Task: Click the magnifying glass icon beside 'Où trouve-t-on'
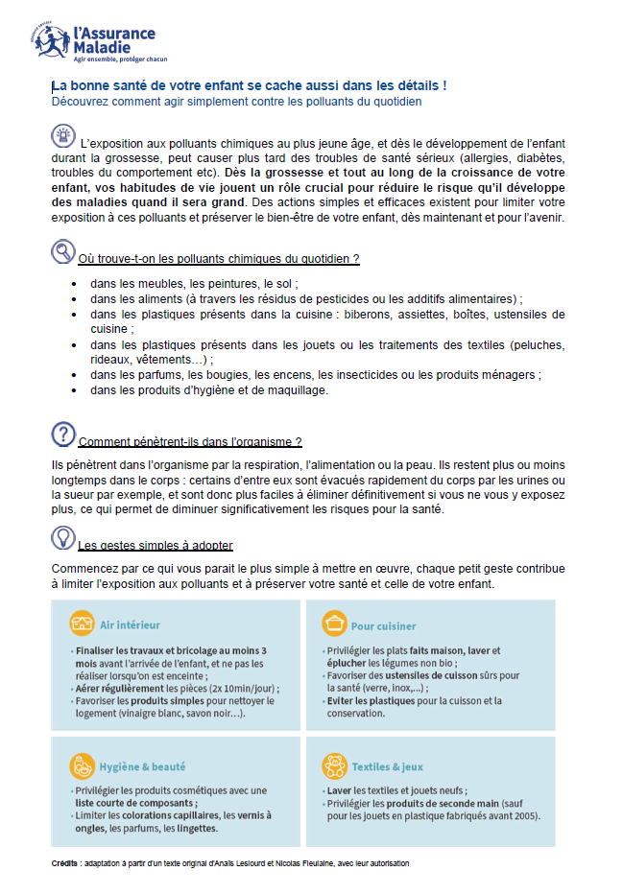(x=62, y=252)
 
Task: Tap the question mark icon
(x=62, y=434)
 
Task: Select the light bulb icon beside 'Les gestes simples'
(x=62, y=537)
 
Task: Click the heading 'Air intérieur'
(x=131, y=625)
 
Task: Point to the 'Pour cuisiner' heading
(x=383, y=626)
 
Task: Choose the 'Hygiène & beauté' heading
(x=143, y=767)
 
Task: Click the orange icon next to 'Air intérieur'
(x=82, y=624)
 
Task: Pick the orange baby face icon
(x=82, y=766)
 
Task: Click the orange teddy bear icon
(x=334, y=766)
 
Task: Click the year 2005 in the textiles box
(x=526, y=817)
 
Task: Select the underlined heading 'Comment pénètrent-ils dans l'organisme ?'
(x=190, y=442)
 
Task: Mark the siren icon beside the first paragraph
(x=62, y=136)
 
